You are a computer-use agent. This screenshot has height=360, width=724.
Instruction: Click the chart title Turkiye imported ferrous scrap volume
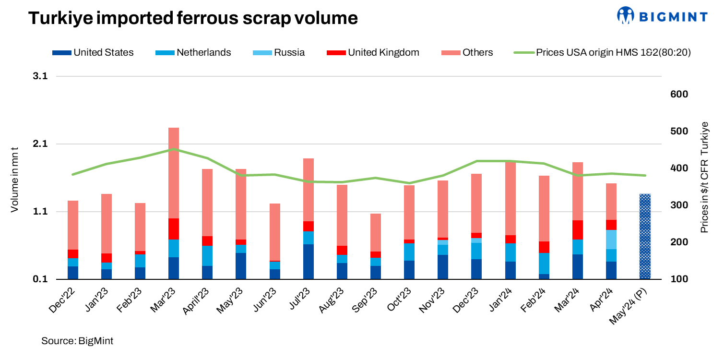click(193, 18)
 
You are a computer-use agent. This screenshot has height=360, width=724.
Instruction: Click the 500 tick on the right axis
click(679, 132)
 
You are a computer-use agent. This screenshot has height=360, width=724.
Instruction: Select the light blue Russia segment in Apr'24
click(611, 240)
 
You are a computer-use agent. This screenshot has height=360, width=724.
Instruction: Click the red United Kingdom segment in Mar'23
click(174, 229)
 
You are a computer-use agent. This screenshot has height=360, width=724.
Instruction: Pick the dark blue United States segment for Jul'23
click(308, 262)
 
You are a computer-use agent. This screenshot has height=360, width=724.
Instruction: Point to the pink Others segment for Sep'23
click(376, 232)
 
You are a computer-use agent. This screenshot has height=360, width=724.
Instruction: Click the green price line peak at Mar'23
click(174, 150)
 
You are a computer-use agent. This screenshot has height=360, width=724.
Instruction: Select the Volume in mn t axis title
click(15, 178)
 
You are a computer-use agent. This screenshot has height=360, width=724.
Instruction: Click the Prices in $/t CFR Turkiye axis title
click(704, 178)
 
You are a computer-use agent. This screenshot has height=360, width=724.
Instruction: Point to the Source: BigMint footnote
click(77, 341)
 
